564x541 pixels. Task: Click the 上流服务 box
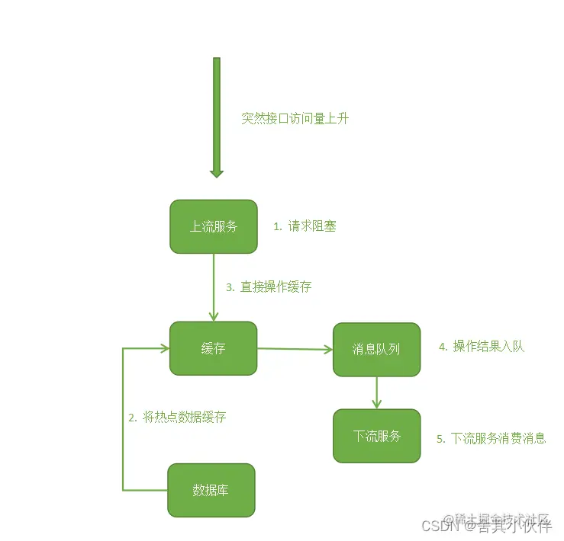[x=214, y=226]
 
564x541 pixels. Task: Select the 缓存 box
[x=213, y=348]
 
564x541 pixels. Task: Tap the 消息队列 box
[x=376, y=350]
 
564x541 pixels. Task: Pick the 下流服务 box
[x=376, y=436]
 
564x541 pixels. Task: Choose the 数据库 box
[x=211, y=490]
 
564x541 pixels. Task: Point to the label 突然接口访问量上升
[x=295, y=119]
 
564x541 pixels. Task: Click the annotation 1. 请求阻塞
[x=305, y=226]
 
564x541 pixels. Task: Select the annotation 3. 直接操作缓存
[x=269, y=287]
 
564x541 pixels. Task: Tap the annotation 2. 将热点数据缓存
[x=177, y=417]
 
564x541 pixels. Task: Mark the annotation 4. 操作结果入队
[x=482, y=347]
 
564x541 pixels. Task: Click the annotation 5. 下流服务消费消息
[x=491, y=438]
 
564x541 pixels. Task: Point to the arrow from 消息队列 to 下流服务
[x=377, y=392]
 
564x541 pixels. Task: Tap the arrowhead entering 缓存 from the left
[x=163, y=348]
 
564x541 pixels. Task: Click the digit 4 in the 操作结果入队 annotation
[x=442, y=347]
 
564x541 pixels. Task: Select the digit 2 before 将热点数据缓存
[x=132, y=417]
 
